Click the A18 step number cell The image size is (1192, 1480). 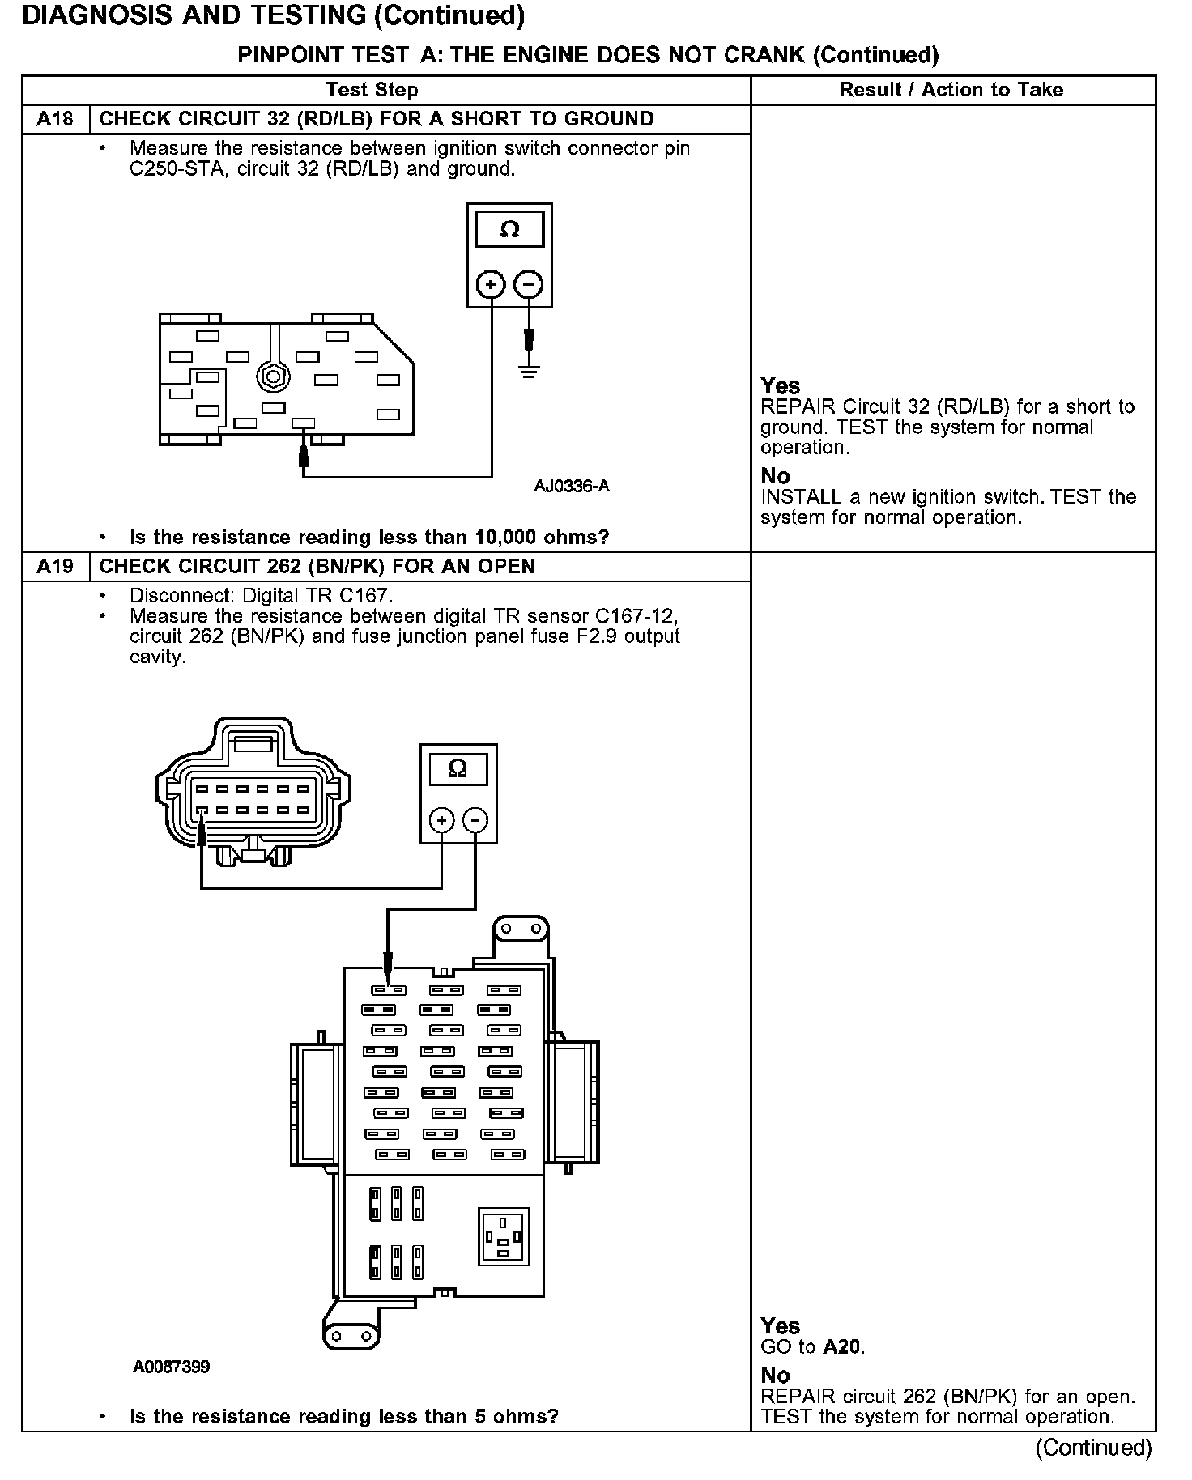click(x=55, y=119)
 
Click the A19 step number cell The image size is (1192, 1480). click(x=55, y=566)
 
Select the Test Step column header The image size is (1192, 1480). click(x=372, y=90)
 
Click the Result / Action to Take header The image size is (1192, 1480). click(x=951, y=90)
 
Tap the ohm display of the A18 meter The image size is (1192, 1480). click(x=509, y=230)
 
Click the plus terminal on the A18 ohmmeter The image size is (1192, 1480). click(x=491, y=284)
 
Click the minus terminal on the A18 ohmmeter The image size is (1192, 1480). click(x=529, y=284)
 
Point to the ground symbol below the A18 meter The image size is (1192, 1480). click(x=530, y=372)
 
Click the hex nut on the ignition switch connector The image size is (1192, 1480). click(x=272, y=376)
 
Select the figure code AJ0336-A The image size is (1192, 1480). click(x=571, y=486)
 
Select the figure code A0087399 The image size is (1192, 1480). click(x=172, y=1367)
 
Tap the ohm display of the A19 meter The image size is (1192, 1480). click(x=458, y=768)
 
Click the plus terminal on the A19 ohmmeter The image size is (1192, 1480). click(x=441, y=821)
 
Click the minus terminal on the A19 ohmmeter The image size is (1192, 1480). click(x=475, y=821)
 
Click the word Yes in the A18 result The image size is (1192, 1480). click(x=780, y=386)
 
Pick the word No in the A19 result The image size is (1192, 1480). click(x=775, y=1375)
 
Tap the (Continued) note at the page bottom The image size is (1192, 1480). click(x=1092, y=1448)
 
